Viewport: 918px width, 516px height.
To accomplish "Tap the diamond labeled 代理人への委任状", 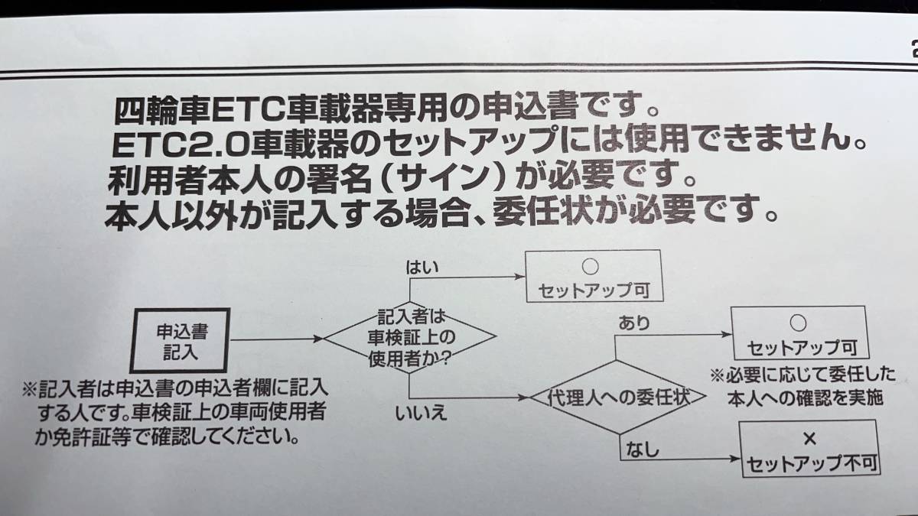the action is click(616, 398).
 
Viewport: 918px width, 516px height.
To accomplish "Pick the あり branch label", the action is click(634, 323).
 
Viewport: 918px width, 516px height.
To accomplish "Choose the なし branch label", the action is click(642, 450).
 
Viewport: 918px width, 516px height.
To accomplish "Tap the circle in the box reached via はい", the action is click(590, 268).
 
